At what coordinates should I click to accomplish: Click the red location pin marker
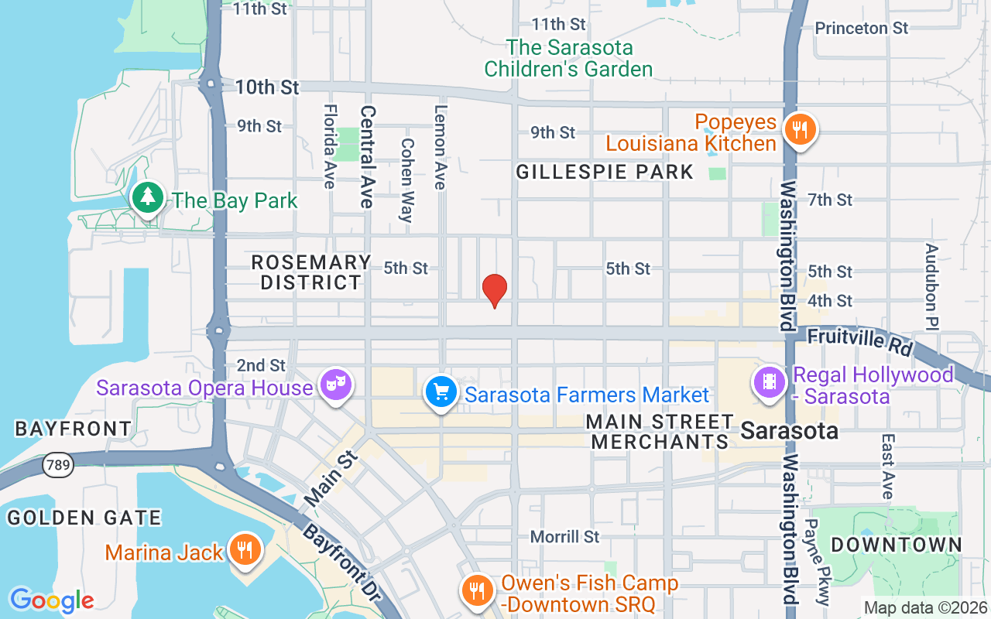(x=494, y=290)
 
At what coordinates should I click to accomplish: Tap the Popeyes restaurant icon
(x=800, y=130)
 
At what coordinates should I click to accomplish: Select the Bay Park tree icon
(x=147, y=198)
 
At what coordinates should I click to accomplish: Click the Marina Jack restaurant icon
(x=245, y=550)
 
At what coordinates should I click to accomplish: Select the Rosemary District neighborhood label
(x=311, y=272)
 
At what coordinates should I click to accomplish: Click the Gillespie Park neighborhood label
(x=605, y=172)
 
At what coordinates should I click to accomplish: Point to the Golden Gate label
(x=84, y=518)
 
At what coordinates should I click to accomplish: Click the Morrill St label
(x=564, y=536)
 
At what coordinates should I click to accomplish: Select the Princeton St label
(x=861, y=28)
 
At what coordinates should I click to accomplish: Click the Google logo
(x=51, y=600)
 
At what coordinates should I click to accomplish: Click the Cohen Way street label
(x=406, y=180)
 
